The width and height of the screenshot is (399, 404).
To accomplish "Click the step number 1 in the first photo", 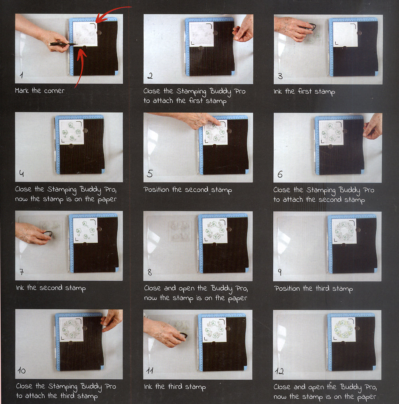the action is point(22,75).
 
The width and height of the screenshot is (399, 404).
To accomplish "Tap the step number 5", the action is point(150,173).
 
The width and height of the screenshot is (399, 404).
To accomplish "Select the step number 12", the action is point(279,371).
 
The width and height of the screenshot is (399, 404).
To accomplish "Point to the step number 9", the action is point(280,272).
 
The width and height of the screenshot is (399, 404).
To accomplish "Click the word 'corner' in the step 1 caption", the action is point(54,91).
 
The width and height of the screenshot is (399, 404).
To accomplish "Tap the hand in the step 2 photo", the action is point(243,28).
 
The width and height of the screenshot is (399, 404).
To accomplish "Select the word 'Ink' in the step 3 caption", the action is point(278,91).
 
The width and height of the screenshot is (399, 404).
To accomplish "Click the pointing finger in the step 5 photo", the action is point(215,121).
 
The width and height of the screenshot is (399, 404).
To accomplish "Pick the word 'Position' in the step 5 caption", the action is point(156,190).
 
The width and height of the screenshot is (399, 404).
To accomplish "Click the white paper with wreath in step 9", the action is point(344,231).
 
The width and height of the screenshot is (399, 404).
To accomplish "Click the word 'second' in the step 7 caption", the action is point(51,287).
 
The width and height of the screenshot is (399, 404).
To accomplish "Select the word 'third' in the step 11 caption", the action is point(175,386).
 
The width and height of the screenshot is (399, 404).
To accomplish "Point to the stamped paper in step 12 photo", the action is point(343,329).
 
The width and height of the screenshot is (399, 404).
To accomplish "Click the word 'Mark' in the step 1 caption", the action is point(22,91).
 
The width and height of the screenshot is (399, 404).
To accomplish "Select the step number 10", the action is point(22,370).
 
